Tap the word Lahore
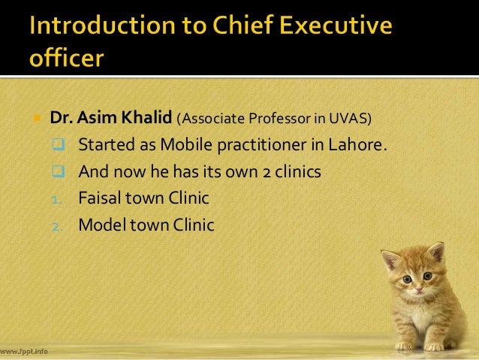(x=363, y=144)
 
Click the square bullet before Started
(x=60, y=144)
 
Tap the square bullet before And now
(x=60, y=172)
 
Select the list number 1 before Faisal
(x=60, y=200)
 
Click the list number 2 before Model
(x=60, y=225)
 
